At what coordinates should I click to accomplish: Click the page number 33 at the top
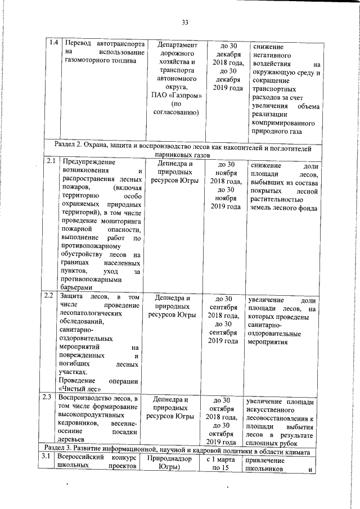coord(184,22)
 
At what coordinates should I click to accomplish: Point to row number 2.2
coord(49,295)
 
